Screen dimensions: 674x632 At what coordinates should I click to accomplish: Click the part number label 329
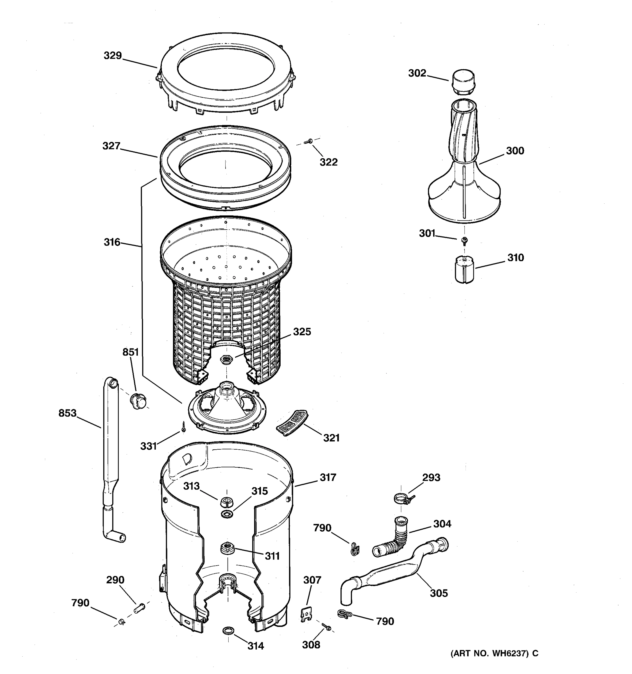(x=113, y=56)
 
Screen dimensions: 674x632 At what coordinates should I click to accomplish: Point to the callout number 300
(x=515, y=151)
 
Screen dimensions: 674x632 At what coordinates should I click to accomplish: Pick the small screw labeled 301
(x=465, y=240)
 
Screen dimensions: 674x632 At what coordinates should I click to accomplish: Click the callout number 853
(x=67, y=413)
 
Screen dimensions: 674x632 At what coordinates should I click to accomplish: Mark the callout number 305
(x=439, y=593)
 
